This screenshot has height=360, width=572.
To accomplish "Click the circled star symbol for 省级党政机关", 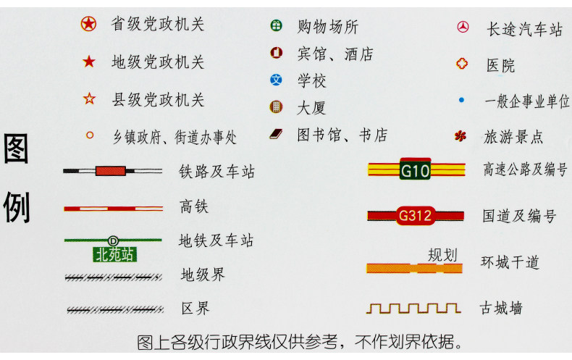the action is tap(88, 25).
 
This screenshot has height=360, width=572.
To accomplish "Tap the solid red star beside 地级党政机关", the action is tap(89, 62).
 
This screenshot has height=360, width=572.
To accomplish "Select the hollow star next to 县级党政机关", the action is tap(89, 99).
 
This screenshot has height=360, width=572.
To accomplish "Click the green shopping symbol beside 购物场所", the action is tap(276, 27).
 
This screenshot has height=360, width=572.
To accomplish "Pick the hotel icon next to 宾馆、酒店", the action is tap(276, 53).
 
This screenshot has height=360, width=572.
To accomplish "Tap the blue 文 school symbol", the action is tap(276, 80).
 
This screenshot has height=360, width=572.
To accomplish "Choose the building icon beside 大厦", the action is tap(276, 107).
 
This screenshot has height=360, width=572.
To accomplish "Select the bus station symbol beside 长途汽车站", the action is tap(461, 28).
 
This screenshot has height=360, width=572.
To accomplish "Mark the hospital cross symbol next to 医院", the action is tap(461, 64).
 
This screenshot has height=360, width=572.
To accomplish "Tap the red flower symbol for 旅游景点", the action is tap(460, 135).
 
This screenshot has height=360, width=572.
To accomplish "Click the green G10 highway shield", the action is tap(415, 170).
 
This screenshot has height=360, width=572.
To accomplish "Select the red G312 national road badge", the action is tap(416, 215).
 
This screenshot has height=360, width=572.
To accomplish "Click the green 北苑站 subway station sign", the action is tap(114, 254).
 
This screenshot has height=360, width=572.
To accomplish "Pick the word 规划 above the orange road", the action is tap(442, 254).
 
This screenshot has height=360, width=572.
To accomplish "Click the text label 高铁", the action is tap(194, 207).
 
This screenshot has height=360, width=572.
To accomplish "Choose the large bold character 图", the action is tap(17, 150).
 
